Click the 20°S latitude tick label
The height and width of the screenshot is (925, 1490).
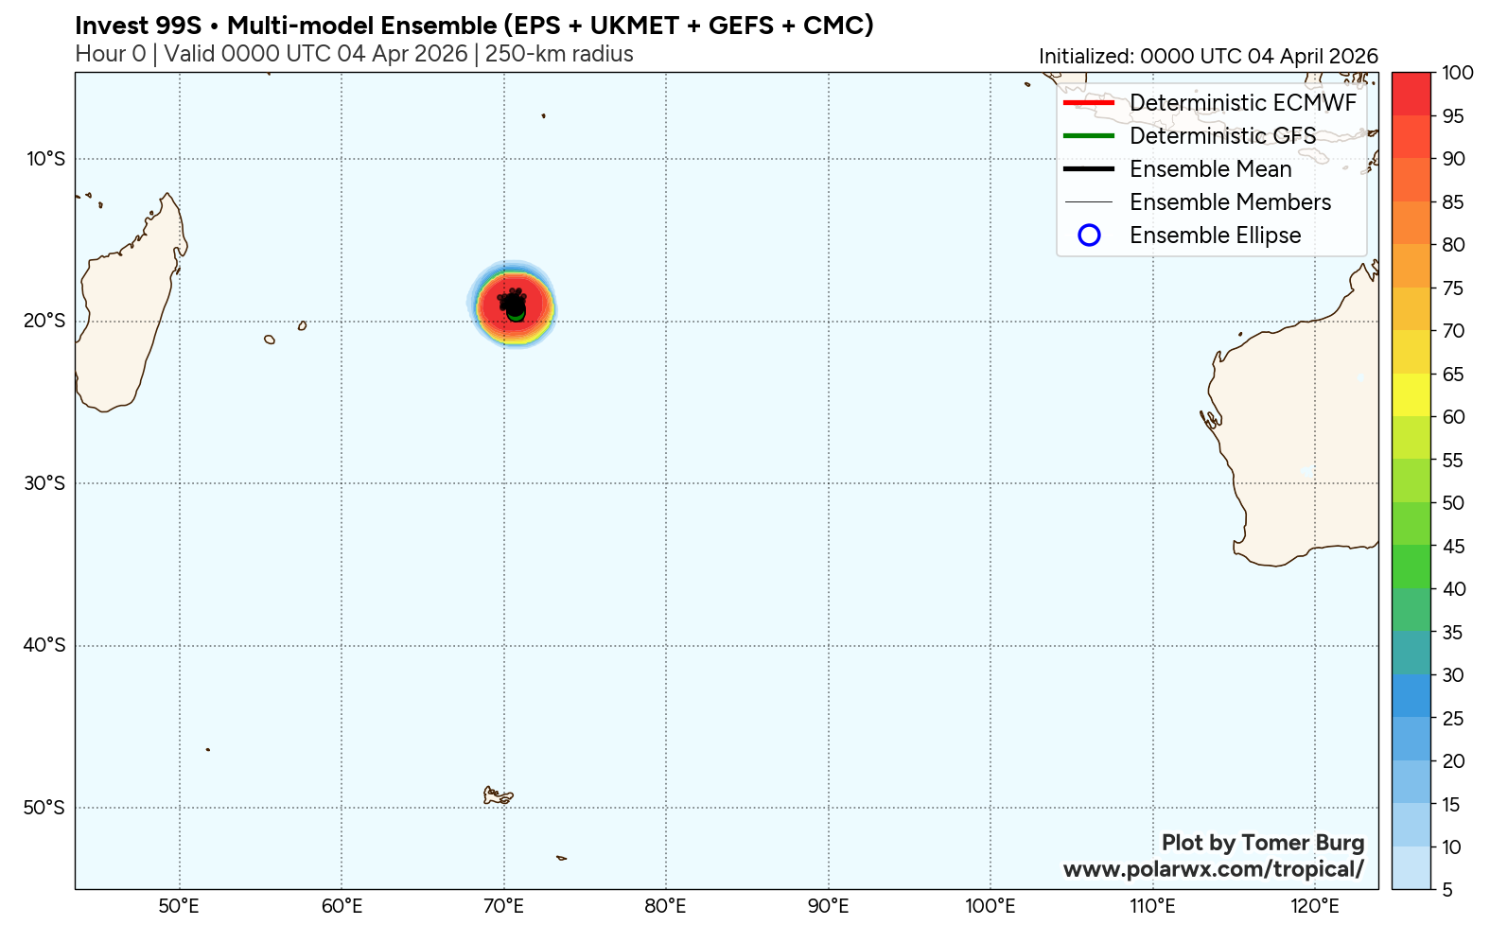coord(45,321)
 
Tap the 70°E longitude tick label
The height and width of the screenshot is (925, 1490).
coord(504,906)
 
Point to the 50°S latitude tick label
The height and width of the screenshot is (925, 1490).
coord(45,808)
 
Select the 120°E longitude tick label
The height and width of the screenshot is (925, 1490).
coord(1315,906)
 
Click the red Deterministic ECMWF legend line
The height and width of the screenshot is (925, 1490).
coord(1089,103)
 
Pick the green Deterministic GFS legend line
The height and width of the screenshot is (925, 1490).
coord(1089,136)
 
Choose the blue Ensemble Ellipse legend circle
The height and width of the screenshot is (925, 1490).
coord(1089,236)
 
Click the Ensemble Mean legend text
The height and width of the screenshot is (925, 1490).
coord(1210,169)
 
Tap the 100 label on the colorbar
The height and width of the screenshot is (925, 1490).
coord(1458,73)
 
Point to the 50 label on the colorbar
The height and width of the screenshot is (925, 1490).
coord(1454,503)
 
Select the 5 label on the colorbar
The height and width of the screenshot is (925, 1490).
coord(1448,890)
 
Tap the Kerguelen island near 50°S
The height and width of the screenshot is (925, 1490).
coord(497,796)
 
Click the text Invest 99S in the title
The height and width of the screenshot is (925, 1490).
coord(138,26)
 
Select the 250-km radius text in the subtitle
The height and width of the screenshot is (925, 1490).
coord(559,54)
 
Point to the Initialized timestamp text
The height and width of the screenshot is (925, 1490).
coord(1208,57)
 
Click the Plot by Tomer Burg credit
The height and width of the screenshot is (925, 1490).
coord(1262,843)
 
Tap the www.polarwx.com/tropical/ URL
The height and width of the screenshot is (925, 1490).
coord(1213,869)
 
